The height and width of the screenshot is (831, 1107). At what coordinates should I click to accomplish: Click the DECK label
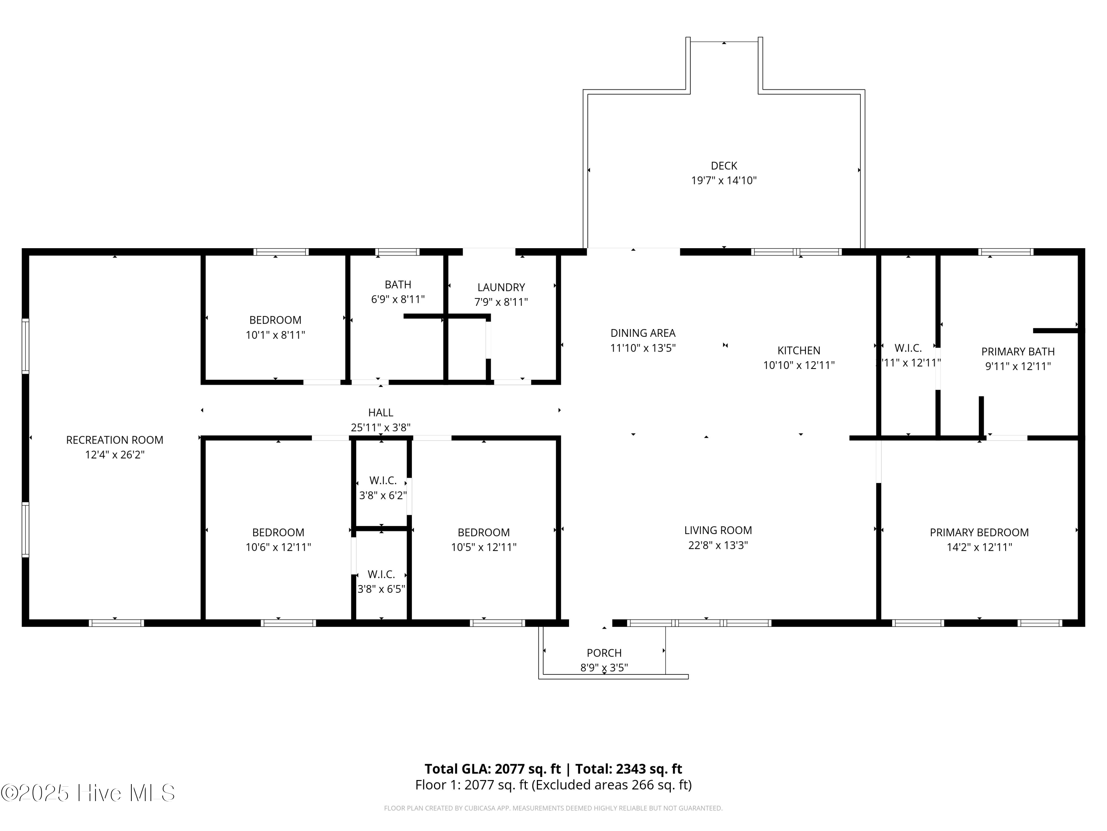724,166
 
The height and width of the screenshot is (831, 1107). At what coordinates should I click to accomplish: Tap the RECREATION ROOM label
115,440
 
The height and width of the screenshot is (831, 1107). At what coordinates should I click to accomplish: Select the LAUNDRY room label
501,287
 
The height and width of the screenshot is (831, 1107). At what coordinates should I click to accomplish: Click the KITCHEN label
799,350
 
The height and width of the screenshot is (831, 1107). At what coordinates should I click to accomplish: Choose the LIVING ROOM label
718,530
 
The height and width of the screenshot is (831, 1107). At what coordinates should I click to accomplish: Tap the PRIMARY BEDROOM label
979,533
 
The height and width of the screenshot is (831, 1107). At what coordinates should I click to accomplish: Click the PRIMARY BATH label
1018,352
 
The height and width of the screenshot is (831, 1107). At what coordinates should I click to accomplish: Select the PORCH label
604,653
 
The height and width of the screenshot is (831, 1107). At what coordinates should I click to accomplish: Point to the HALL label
380,413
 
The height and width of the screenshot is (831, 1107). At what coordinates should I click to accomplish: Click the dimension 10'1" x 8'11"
275,335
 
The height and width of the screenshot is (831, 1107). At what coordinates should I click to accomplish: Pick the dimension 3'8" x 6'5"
381,589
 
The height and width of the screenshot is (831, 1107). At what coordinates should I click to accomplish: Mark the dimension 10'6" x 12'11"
278,547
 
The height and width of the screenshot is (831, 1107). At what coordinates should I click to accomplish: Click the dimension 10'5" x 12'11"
483,547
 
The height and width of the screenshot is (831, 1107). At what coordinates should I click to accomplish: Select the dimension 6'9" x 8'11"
398,300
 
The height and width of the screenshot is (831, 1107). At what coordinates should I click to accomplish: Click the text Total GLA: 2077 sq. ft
493,769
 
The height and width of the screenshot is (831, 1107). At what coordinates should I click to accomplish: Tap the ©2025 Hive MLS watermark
88,793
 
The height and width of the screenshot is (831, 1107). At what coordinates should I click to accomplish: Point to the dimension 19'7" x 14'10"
724,181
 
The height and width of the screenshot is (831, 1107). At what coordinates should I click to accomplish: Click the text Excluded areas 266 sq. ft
611,785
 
